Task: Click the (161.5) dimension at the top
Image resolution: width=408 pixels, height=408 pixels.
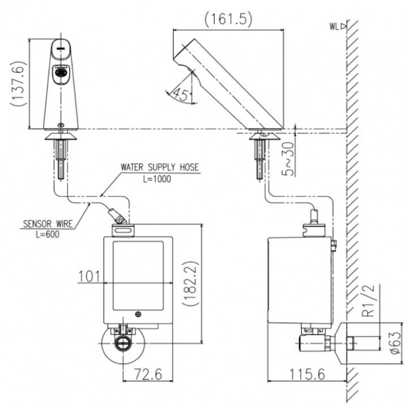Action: coord(228,19)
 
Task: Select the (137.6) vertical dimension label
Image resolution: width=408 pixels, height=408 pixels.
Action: coord(18,82)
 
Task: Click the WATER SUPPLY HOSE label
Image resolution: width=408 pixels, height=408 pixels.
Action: coord(160,166)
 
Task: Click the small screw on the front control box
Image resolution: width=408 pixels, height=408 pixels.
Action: coord(137,315)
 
